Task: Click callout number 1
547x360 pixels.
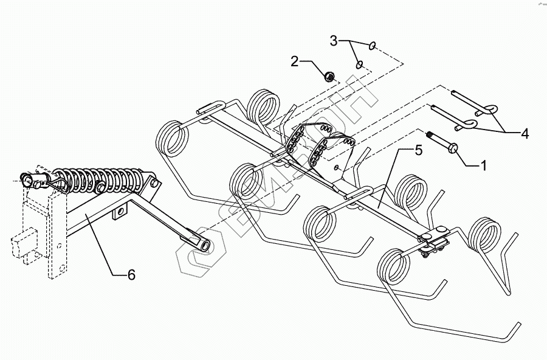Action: point(484,164)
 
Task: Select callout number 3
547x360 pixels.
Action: point(334,41)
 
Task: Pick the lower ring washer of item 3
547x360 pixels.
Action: point(360,63)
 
